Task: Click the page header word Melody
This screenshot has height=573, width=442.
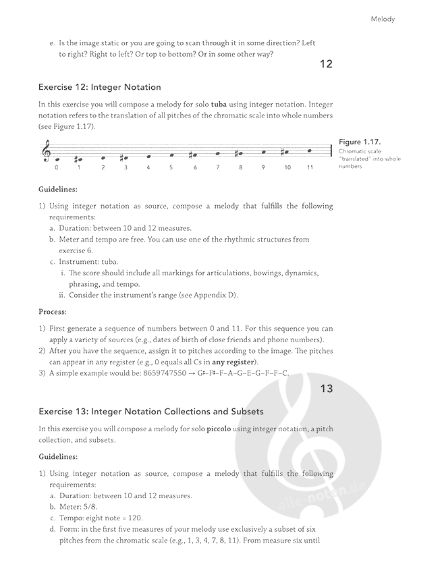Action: point(383,19)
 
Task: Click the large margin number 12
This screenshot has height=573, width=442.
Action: point(326,65)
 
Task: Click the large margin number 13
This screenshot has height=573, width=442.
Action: point(326,389)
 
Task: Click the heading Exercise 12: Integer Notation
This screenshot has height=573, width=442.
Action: point(100,87)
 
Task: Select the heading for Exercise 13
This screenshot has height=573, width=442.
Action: point(151,411)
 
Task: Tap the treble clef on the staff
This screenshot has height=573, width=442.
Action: point(47,151)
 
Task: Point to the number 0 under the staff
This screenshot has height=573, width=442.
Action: point(57,167)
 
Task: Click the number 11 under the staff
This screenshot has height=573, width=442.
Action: point(310,167)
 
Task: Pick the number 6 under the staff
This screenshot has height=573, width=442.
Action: point(195,167)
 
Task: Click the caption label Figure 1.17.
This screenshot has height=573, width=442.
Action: point(360,142)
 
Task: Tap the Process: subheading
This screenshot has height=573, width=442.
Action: point(53,312)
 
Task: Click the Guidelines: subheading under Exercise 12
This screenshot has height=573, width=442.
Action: point(58,189)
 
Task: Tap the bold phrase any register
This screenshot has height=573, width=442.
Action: point(235,362)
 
